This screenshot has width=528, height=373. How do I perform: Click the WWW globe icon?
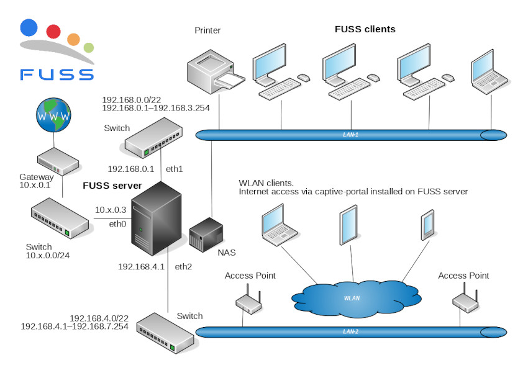pos(53,116)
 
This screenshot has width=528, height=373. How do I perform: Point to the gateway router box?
pos(57,163)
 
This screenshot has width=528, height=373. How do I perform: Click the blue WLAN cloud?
pos(352,297)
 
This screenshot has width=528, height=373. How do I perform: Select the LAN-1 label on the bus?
pos(351,134)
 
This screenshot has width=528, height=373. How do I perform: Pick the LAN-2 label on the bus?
pos(351,331)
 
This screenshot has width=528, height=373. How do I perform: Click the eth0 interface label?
pos(118,223)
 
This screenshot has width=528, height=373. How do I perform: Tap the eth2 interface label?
pos(183,267)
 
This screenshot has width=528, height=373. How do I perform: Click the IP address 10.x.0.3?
pos(111,210)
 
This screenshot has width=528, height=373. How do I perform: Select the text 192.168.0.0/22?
pos(131,99)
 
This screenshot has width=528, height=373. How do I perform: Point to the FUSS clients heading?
pos(365,29)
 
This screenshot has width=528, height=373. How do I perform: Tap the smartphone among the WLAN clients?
pos(427,226)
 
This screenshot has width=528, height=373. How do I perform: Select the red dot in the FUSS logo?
pos(53,31)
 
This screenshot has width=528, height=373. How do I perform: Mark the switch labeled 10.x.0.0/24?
pos(60,218)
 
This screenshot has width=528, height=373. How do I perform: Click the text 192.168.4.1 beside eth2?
pos(141,267)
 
